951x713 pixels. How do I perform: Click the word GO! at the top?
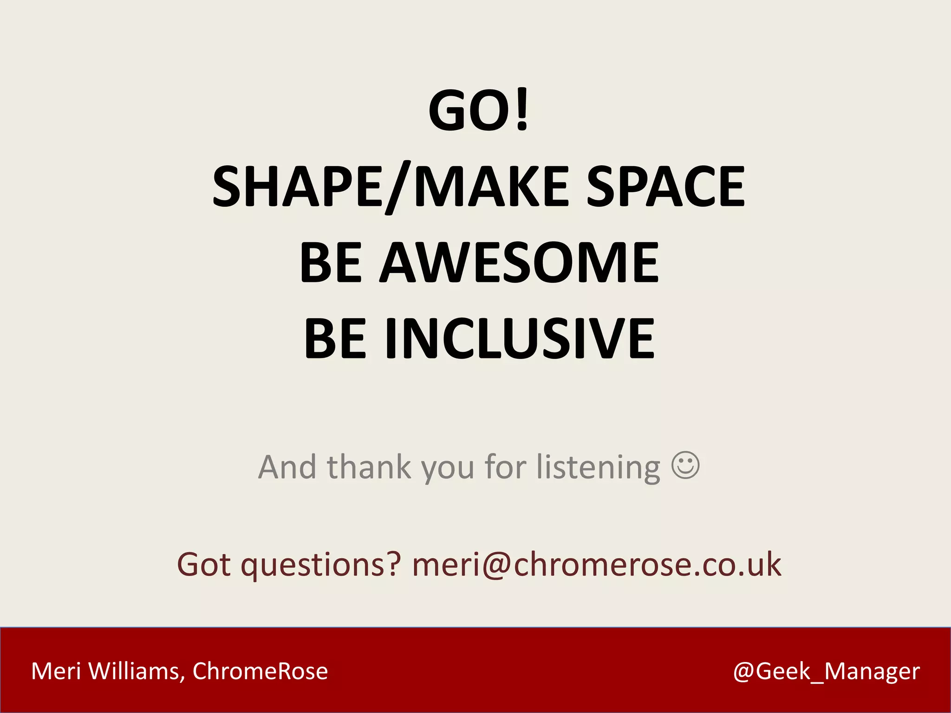click(x=478, y=110)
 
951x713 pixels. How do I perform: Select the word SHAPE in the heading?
click(x=297, y=187)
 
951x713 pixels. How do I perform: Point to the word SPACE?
click(x=665, y=187)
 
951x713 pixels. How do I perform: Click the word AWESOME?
click(x=520, y=263)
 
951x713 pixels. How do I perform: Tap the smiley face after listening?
click(x=685, y=465)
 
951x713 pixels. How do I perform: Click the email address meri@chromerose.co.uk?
click(x=596, y=564)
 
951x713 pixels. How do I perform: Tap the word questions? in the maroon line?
click(x=320, y=565)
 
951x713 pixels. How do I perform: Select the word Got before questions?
click(x=204, y=564)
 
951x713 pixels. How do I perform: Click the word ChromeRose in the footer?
click(x=260, y=671)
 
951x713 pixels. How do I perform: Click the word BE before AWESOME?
click(x=331, y=263)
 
